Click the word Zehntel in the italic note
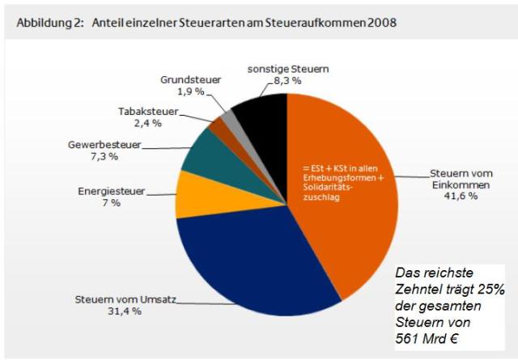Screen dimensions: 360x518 tap(418, 290)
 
